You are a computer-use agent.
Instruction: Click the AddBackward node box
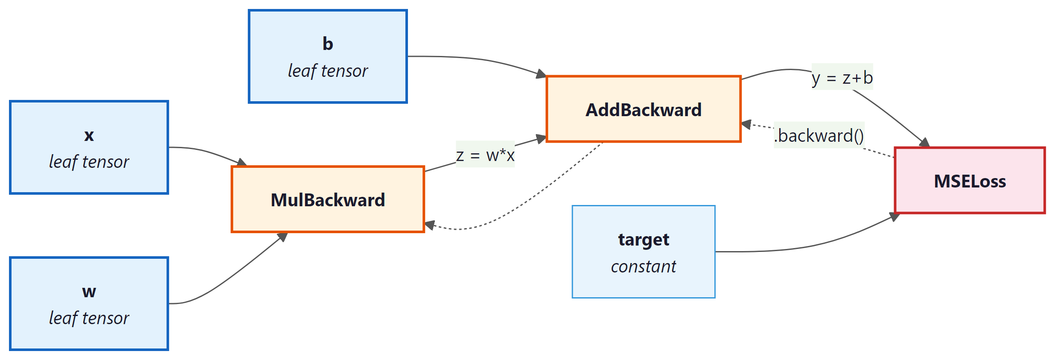pyautogui.click(x=643, y=109)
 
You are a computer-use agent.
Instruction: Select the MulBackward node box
pyautogui.click(x=328, y=199)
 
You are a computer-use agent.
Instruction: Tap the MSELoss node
pyautogui.click(x=970, y=181)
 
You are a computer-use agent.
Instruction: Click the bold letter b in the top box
pyautogui.click(x=328, y=44)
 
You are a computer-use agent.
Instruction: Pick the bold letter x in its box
pyautogui.click(x=89, y=135)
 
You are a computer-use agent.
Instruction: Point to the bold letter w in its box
pyautogui.click(x=89, y=292)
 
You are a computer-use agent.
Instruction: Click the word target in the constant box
pyautogui.click(x=643, y=240)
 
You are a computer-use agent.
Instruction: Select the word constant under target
pyautogui.click(x=643, y=266)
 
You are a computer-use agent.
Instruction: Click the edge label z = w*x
pyautogui.click(x=485, y=155)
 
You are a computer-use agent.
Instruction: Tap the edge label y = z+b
pyautogui.click(x=842, y=78)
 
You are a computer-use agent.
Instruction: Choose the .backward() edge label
pyautogui.click(x=819, y=135)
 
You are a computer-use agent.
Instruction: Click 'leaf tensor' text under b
pyautogui.click(x=328, y=71)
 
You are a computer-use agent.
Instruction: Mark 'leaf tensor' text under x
pyautogui.click(x=89, y=162)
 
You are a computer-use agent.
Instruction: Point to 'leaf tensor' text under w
pyautogui.click(x=89, y=318)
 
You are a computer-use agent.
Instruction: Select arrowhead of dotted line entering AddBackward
pyautogui.click(x=746, y=125)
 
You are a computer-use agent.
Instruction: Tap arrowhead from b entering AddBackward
pyautogui.click(x=541, y=74)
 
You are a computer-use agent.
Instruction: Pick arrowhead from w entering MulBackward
pyautogui.click(x=282, y=237)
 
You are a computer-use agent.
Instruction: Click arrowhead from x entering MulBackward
pyautogui.click(x=242, y=162)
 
